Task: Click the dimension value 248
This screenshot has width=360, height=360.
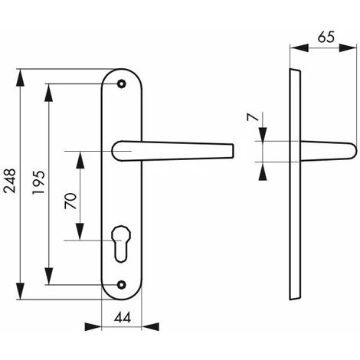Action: point(8,184)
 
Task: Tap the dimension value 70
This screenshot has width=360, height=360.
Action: point(70,201)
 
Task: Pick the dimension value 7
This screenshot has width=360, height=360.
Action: point(250,119)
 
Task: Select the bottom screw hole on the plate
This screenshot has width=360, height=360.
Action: point(121,286)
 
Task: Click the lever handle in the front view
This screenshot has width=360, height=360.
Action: point(176,149)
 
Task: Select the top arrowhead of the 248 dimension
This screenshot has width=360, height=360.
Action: point(21,74)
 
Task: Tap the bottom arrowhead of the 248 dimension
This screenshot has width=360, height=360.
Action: point(21,294)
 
